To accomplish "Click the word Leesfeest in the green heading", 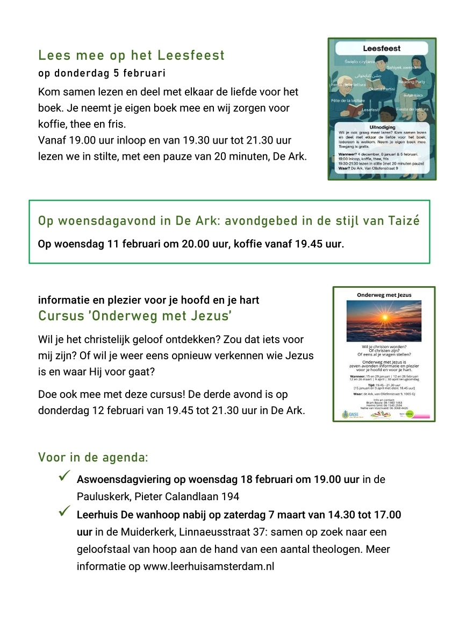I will (191, 55).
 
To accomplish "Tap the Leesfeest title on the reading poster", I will (382, 48).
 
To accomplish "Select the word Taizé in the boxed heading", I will (403, 221).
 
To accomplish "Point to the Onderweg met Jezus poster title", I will (384, 295).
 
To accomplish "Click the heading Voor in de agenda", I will (92, 458).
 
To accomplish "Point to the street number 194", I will (228, 496).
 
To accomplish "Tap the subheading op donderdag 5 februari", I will (102, 73).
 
